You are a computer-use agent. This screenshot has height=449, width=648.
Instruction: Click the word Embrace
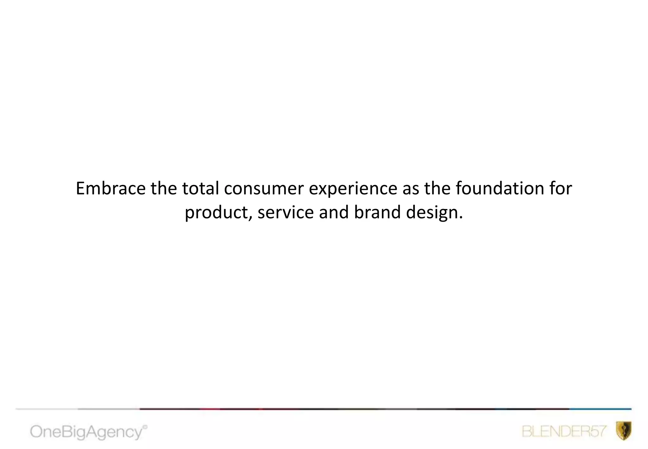pos(111,188)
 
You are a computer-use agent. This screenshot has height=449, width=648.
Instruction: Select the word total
pos(201,188)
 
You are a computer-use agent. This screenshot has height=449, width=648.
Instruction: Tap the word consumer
pos(264,189)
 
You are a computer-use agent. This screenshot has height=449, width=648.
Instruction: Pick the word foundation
pos(500,188)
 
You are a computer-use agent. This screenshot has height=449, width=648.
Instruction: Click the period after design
pos(461,218)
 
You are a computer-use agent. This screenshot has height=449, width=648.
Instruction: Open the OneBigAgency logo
pos(86,432)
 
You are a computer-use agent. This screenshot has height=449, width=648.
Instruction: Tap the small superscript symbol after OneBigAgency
pos(145,427)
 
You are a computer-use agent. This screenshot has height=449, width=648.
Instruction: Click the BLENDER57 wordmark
pos(564,431)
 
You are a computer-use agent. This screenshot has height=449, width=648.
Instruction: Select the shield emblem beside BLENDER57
pos(624,431)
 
